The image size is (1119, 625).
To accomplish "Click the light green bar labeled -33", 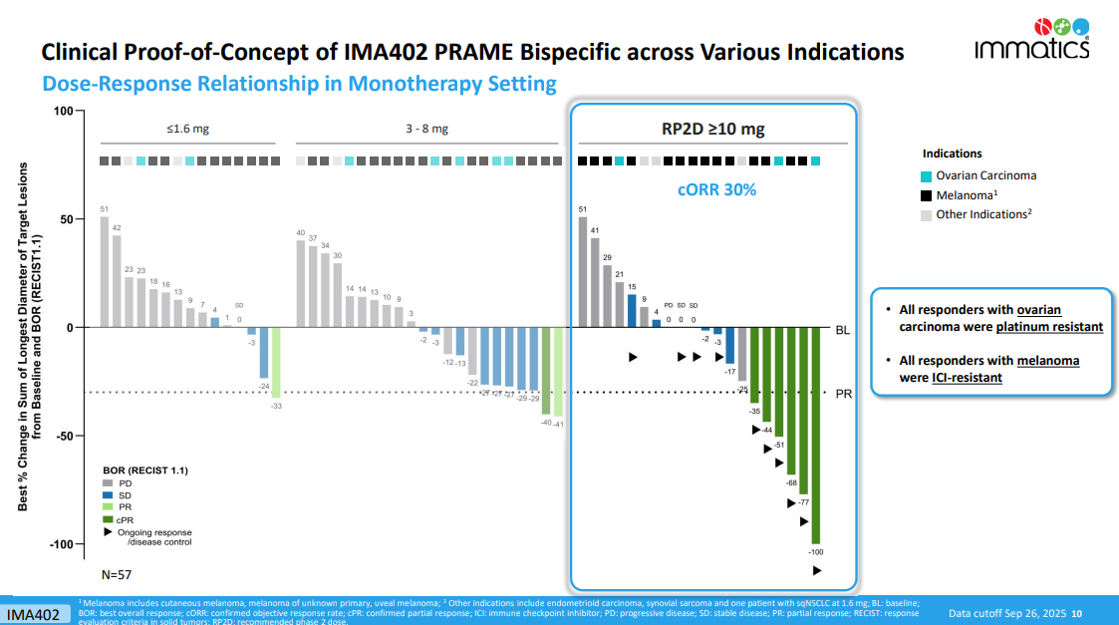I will (276, 362).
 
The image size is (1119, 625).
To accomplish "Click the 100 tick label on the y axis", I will (64, 111).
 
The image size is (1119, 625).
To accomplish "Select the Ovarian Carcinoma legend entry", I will (985, 175).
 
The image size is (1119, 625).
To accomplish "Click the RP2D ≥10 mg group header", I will (712, 129).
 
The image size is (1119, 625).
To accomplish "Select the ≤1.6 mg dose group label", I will (188, 129).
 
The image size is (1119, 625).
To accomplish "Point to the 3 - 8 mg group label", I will (425, 129).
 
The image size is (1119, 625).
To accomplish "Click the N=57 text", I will (117, 575).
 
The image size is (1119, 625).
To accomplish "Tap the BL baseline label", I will (842, 328).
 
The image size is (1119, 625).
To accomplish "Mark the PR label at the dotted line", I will (842, 393).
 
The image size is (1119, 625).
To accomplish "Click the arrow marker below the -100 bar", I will (816, 570).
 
